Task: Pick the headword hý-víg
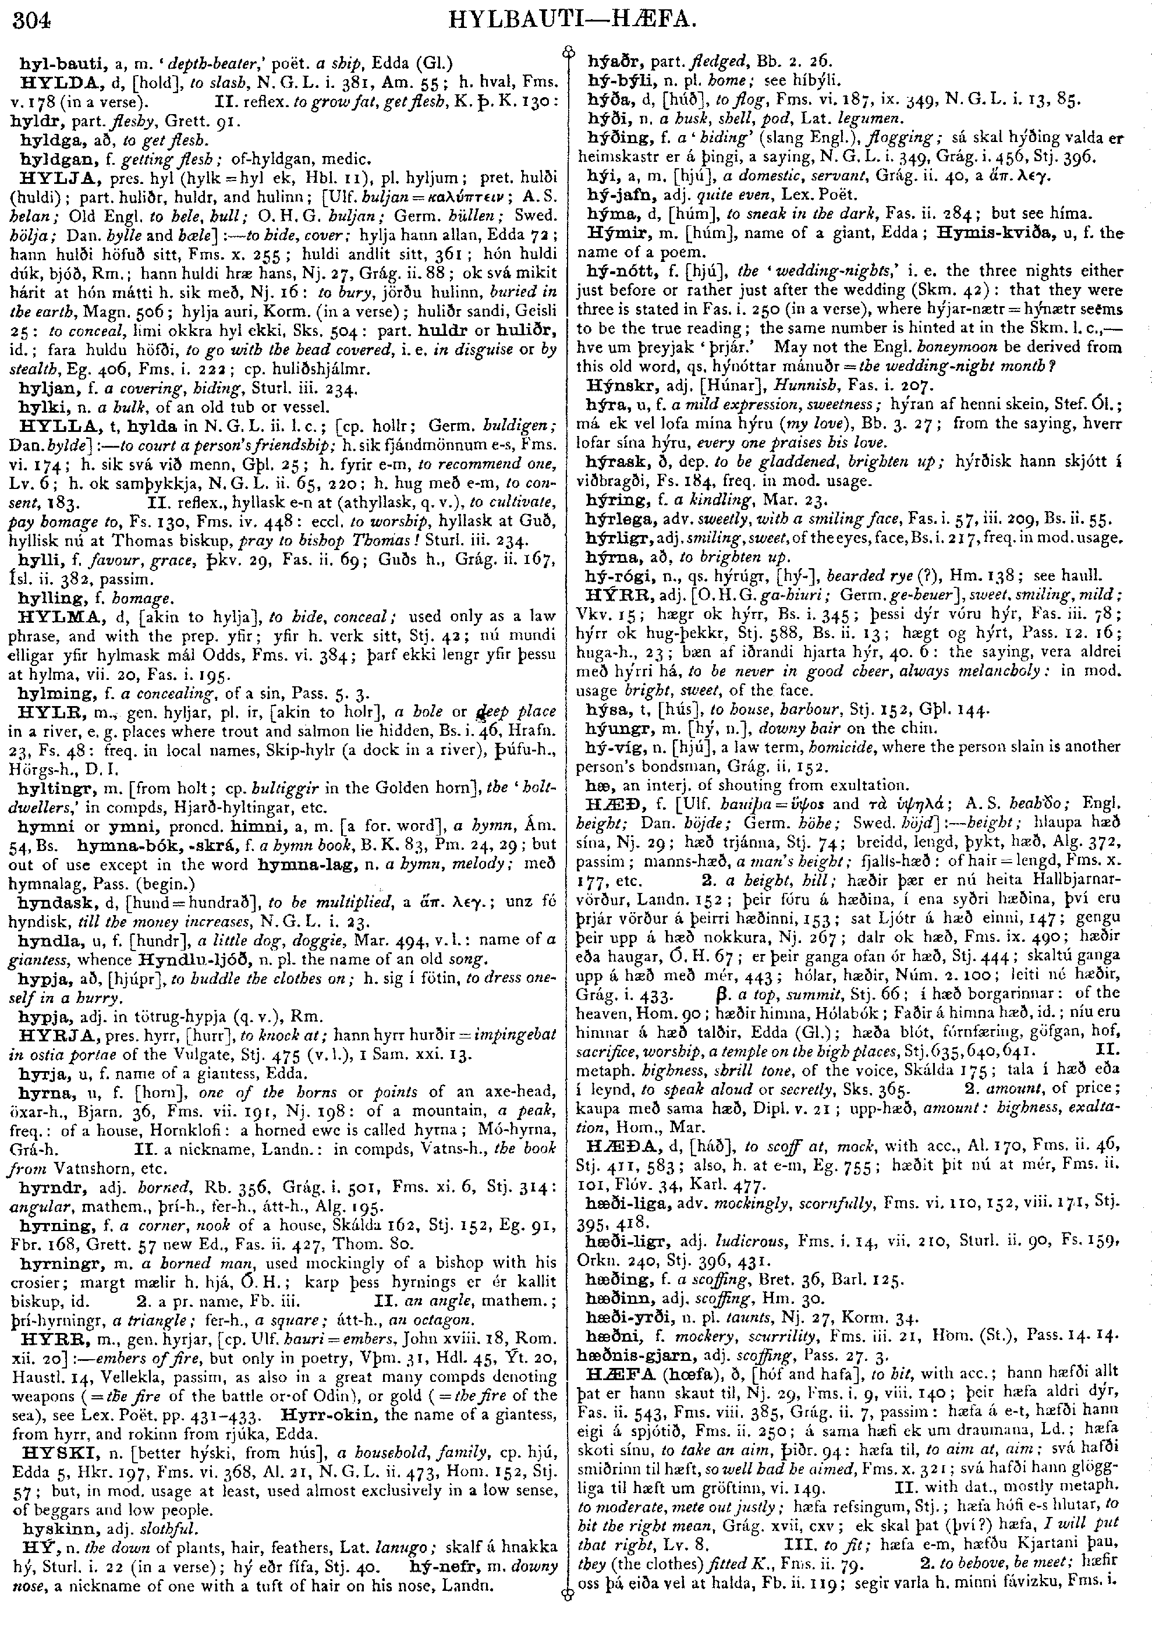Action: (607, 746)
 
